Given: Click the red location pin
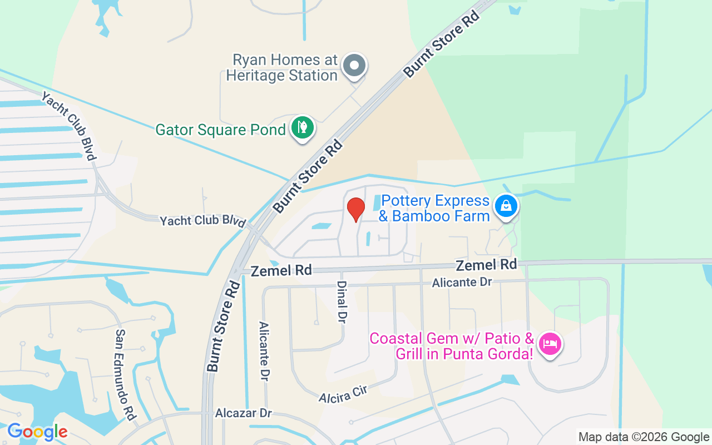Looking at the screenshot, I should click(x=355, y=209).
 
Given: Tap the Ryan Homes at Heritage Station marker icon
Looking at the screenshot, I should click(x=354, y=66).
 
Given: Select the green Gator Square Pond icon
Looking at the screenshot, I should click(x=302, y=128).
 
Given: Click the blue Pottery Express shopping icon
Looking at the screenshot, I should click(x=506, y=206).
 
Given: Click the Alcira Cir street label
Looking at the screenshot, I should click(x=343, y=394).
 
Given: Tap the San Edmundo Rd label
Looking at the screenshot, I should click(x=126, y=374).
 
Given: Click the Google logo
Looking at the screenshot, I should click(x=37, y=432).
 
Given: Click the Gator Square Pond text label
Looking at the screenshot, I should click(x=220, y=130).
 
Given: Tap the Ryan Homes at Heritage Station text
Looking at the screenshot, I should click(x=282, y=67).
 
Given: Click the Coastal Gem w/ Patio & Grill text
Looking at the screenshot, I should click(x=452, y=345).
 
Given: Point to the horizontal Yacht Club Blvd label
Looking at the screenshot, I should click(x=203, y=221).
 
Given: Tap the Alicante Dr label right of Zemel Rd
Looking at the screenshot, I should click(x=462, y=283).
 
